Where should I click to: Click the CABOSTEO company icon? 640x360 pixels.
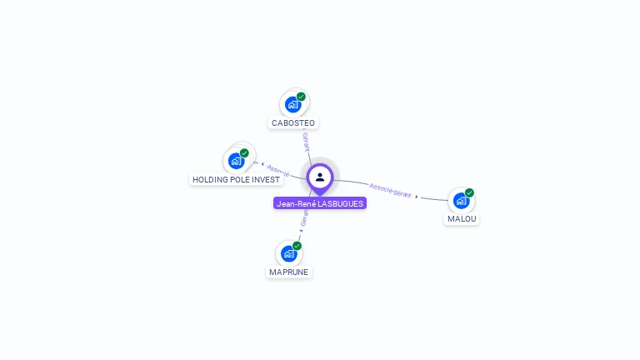pos(292,105)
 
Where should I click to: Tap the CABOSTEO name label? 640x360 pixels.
pos(293,123)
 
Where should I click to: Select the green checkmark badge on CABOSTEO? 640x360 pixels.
pos(301,97)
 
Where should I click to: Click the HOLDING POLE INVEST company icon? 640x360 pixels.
pos(236,161)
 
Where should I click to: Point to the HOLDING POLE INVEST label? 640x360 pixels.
pos(237,179)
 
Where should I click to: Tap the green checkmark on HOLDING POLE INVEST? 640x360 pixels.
pos(244,153)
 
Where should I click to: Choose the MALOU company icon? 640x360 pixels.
pos(461,201)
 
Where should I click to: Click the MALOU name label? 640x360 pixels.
pos(462,218)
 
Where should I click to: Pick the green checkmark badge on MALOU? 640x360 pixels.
pos(469,192)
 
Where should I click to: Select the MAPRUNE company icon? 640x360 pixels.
pos(289,253)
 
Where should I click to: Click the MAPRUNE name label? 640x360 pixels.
pos(289,272)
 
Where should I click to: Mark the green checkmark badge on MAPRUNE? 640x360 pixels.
pos(297,246)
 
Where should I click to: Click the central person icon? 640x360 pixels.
pos(320,177)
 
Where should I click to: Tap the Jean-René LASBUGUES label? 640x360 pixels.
pos(320,203)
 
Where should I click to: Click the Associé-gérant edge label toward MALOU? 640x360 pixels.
pos(390,190)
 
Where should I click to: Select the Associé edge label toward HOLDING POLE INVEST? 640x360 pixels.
pos(278,169)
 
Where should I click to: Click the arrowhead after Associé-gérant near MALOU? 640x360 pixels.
pos(417,197)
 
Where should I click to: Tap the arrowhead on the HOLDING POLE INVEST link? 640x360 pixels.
pos(262,164)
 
